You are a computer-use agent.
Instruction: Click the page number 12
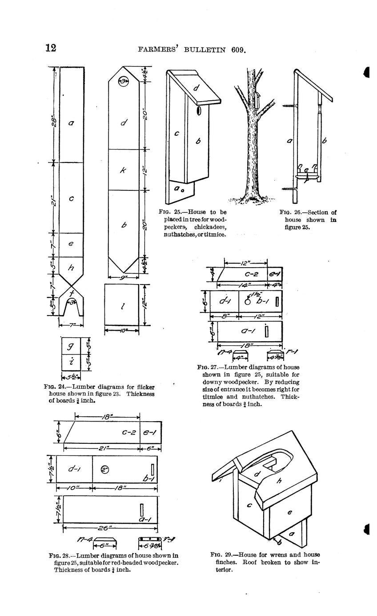pyautogui.click(x=51, y=48)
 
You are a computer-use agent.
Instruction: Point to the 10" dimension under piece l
pyautogui.click(x=122, y=331)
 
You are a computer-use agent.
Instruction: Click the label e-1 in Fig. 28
pyautogui.click(x=151, y=432)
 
